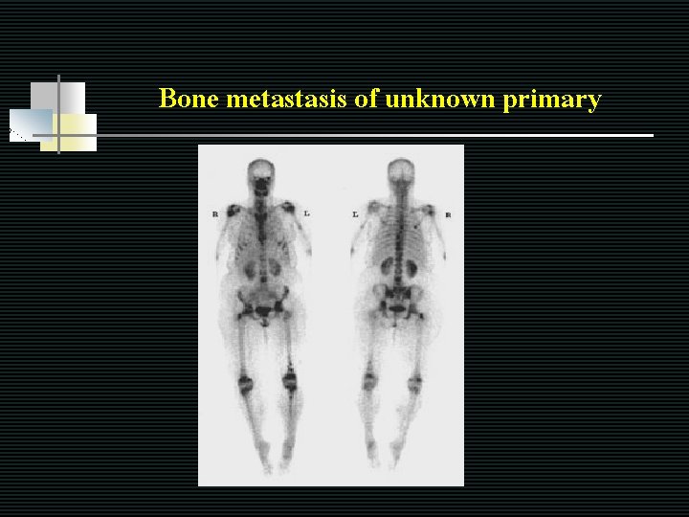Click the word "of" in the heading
pos(367,99)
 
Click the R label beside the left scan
pos(215,214)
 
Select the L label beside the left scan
pos(307,213)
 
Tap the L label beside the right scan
pos(355,214)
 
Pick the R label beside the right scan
pos(447,214)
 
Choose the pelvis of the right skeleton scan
pos(400,304)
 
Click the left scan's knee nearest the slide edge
pos(245,384)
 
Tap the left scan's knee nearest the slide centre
pos(289,381)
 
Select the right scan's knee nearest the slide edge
pos(414,385)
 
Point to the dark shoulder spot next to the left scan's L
pos(287,207)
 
